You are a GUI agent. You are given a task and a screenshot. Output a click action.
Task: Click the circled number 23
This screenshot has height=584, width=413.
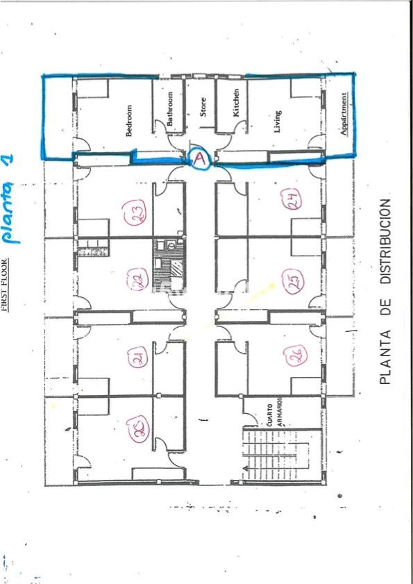tap(133, 215)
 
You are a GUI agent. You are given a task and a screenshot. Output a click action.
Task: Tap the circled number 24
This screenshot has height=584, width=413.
tap(292, 201)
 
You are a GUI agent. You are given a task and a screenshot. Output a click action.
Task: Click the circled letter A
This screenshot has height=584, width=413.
tap(200, 160)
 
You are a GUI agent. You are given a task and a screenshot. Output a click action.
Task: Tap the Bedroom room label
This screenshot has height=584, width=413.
tap(129, 121)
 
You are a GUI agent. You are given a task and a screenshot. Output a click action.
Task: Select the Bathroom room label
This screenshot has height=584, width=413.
tap(170, 109)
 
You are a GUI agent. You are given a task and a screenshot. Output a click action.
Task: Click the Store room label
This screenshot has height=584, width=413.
tap(203, 106)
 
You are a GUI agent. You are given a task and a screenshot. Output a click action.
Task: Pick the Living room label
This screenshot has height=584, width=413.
tap(278, 121)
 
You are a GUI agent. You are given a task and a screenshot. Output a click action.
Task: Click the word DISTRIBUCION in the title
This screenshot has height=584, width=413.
tap(386, 242)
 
